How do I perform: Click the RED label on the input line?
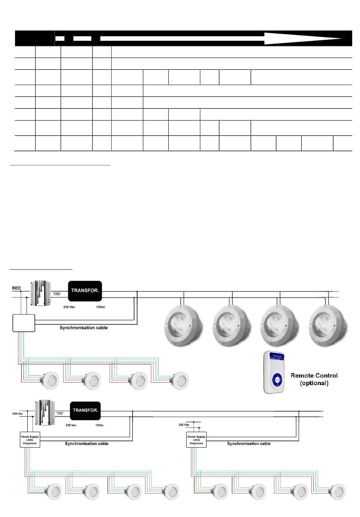click(16, 288)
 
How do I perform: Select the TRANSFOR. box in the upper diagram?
click(85, 291)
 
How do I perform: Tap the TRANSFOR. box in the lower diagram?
click(85, 410)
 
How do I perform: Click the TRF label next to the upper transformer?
click(57, 294)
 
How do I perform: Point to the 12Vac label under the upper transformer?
click(101, 307)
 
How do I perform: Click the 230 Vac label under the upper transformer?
click(69, 307)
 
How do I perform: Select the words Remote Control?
click(314, 376)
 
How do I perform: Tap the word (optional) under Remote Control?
click(314, 383)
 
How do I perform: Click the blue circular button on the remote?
click(277, 380)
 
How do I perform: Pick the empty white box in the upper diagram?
click(24, 323)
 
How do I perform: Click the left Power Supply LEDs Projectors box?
click(30, 440)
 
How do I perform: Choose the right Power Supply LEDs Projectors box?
click(196, 440)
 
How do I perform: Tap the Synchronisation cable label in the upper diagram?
click(83, 328)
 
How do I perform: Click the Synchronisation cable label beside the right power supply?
click(249, 443)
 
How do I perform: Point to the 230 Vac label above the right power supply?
click(184, 425)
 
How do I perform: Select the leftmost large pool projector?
click(184, 326)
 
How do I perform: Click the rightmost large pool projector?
click(328, 326)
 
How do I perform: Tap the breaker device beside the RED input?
click(41, 293)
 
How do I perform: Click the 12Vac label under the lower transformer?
click(99, 425)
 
